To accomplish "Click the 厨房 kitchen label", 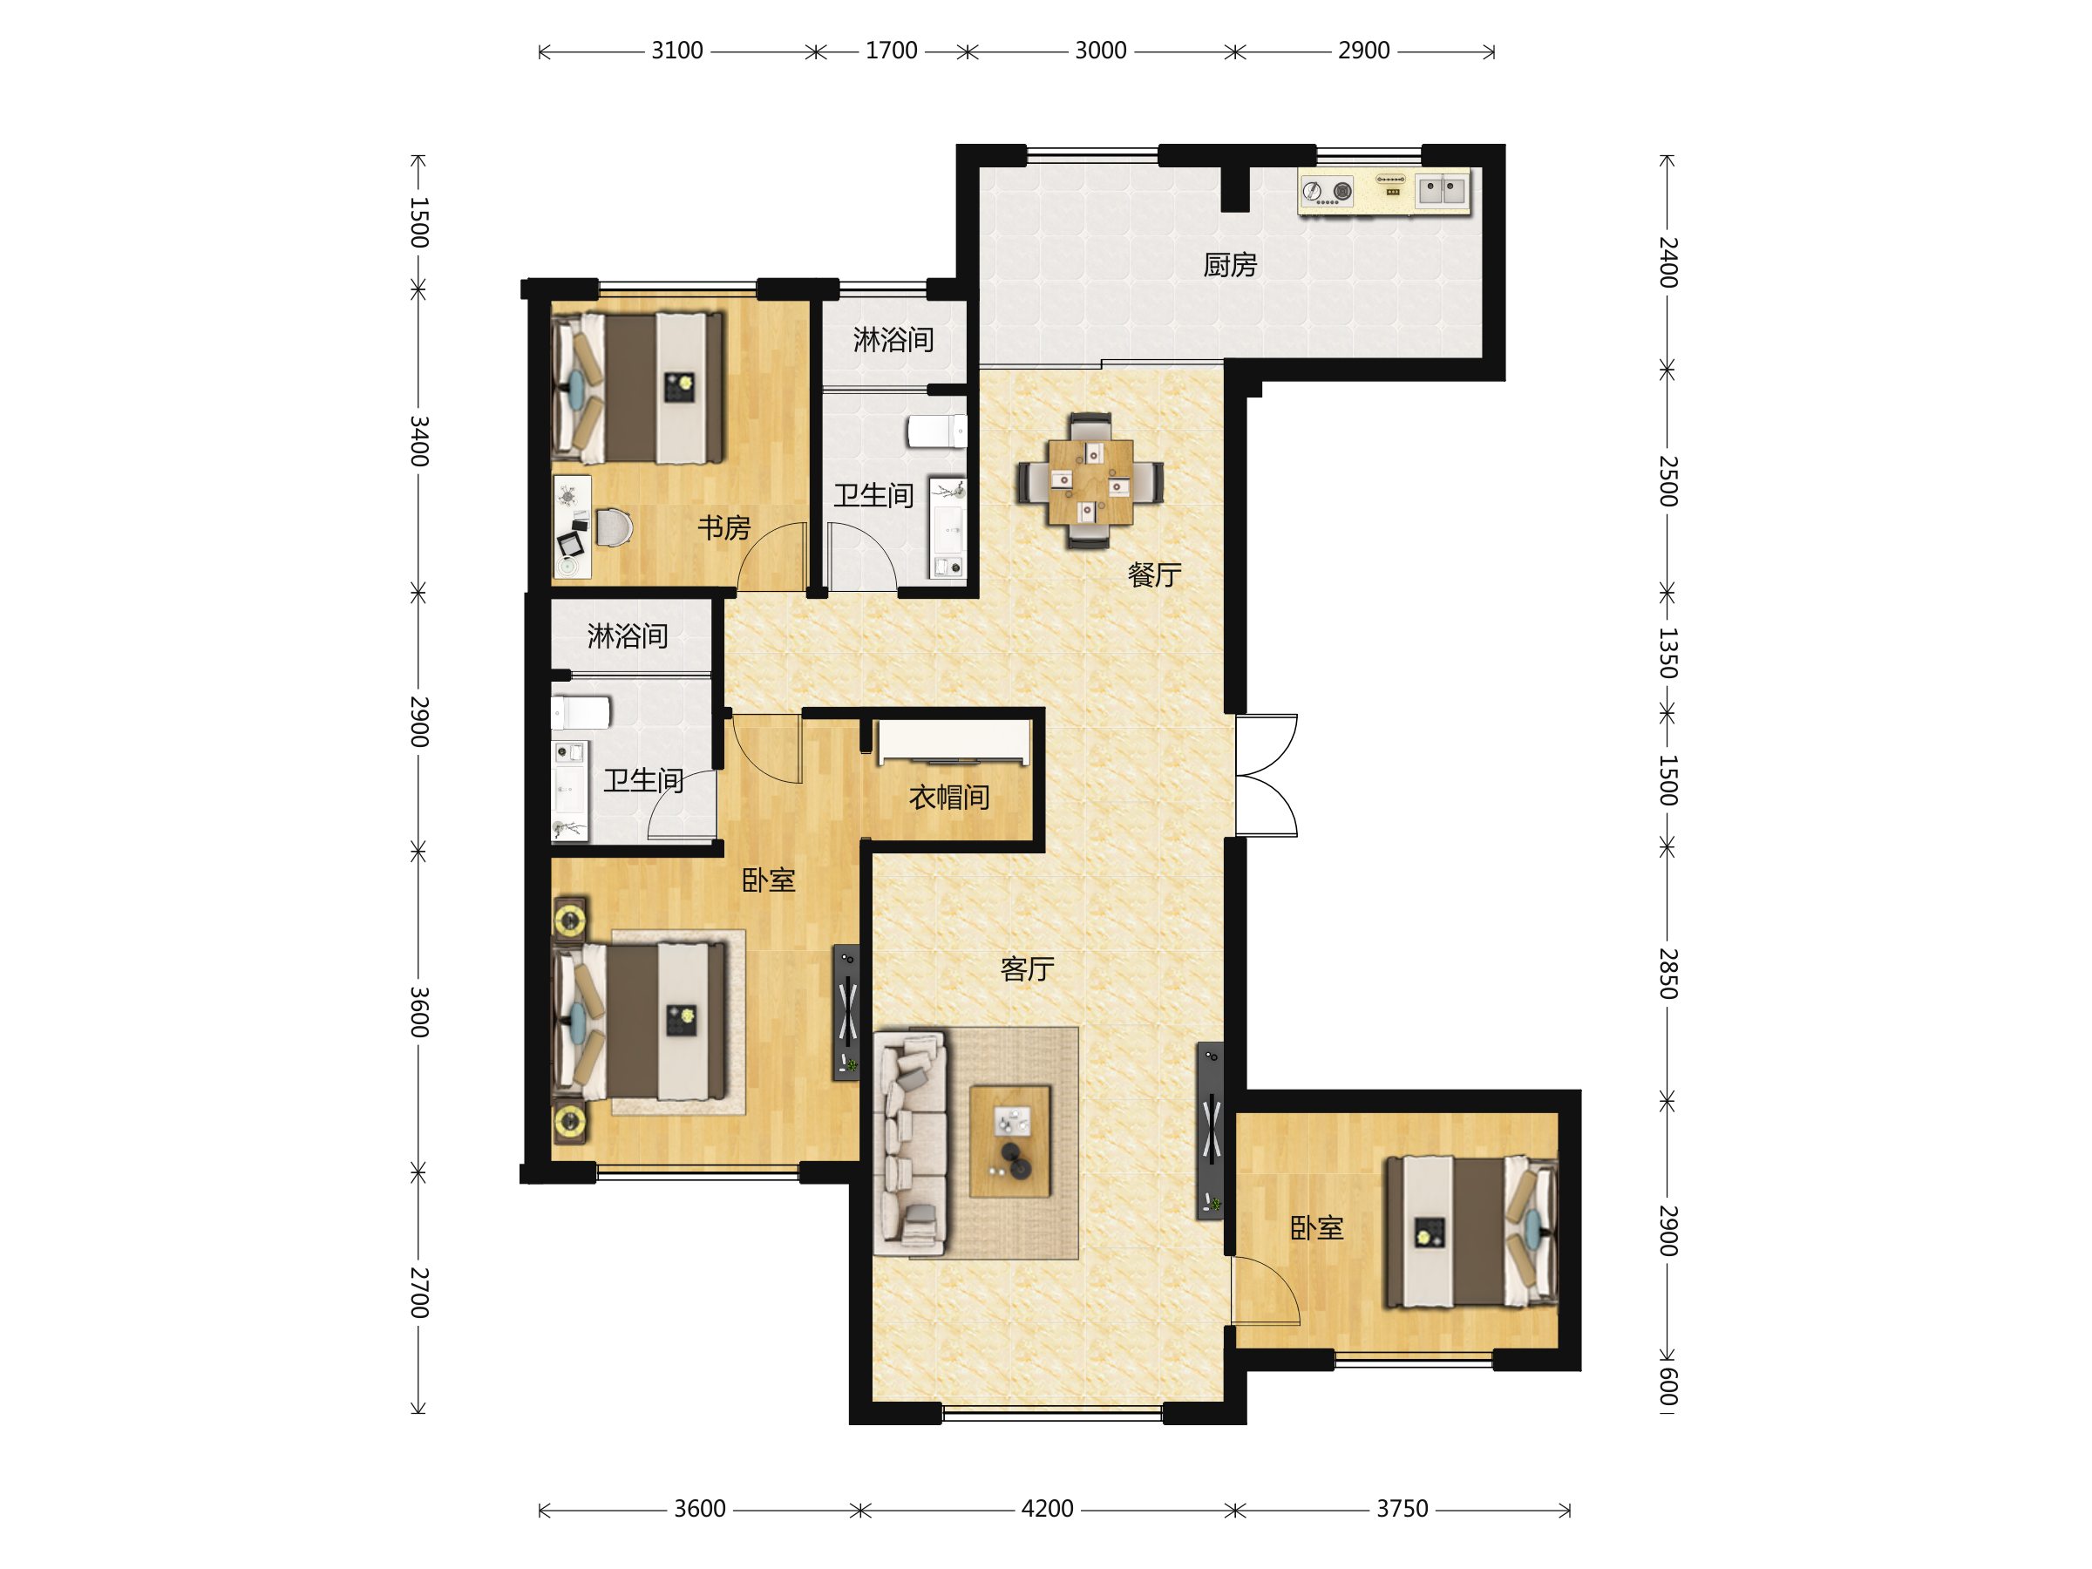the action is pyautogui.click(x=1229, y=266).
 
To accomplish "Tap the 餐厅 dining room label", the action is pyautogui.click(x=1155, y=575).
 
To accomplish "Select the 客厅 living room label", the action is pyautogui.click(x=1027, y=969).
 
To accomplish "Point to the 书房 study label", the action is pyautogui.click(x=724, y=527).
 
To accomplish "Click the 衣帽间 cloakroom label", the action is pyautogui.click(x=949, y=798).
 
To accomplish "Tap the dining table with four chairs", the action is pyautogui.click(x=1090, y=480).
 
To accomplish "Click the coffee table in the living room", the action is pyautogui.click(x=1010, y=1142).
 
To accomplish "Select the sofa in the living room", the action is pyautogui.click(x=910, y=1144).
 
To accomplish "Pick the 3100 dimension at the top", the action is pyautogui.click(x=677, y=51).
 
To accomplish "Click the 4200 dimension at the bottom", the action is pyautogui.click(x=1047, y=1510).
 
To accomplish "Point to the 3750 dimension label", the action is pyautogui.click(x=1402, y=1510).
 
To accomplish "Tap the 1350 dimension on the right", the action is pyautogui.click(x=1668, y=653).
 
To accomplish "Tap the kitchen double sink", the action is pyautogui.click(x=1442, y=192).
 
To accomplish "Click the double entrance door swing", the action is pyautogui.click(x=1267, y=776).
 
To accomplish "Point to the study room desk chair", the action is pyautogui.click(x=613, y=527).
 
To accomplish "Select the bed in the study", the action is pyautogui.click(x=638, y=389).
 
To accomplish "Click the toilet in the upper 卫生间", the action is pyautogui.click(x=936, y=431).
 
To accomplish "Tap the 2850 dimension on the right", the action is pyautogui.click(x=1668, y=975).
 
